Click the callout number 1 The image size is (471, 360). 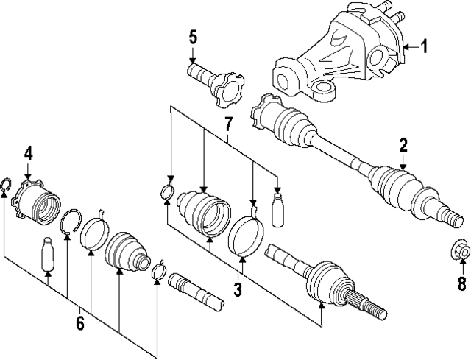pos(424,47)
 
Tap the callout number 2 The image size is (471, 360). pos(403,144)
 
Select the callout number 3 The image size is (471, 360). pos(237,290)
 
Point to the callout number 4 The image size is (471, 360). pos(28,153)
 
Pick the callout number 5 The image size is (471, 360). pos(192,37)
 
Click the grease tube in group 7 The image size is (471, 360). pos(277,209)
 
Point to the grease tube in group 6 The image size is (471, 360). pos(49,254)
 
